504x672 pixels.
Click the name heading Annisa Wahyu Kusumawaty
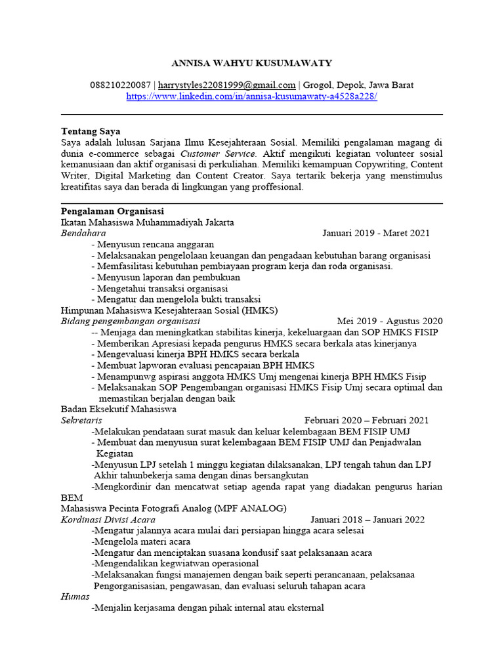pos(251,63)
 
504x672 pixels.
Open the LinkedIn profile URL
pos(251,96)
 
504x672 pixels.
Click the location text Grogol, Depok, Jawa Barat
pos(358,85)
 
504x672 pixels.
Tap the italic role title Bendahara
pos(83,233)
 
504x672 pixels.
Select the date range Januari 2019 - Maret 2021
pos(376,233)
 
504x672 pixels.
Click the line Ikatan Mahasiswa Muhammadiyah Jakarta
pos(147,222)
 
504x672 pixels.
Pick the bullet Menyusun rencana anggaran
pos(148,244)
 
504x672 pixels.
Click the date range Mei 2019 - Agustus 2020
pos(389,321)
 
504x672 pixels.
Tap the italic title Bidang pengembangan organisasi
pos(131,321)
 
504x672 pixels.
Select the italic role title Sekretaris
pos(81,420)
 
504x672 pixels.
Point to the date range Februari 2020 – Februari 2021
pos(366,420)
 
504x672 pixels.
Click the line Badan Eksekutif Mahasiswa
pos(119,409)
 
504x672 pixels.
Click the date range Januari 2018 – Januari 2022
pos(367,520)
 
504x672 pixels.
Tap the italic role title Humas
pos(75,597)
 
